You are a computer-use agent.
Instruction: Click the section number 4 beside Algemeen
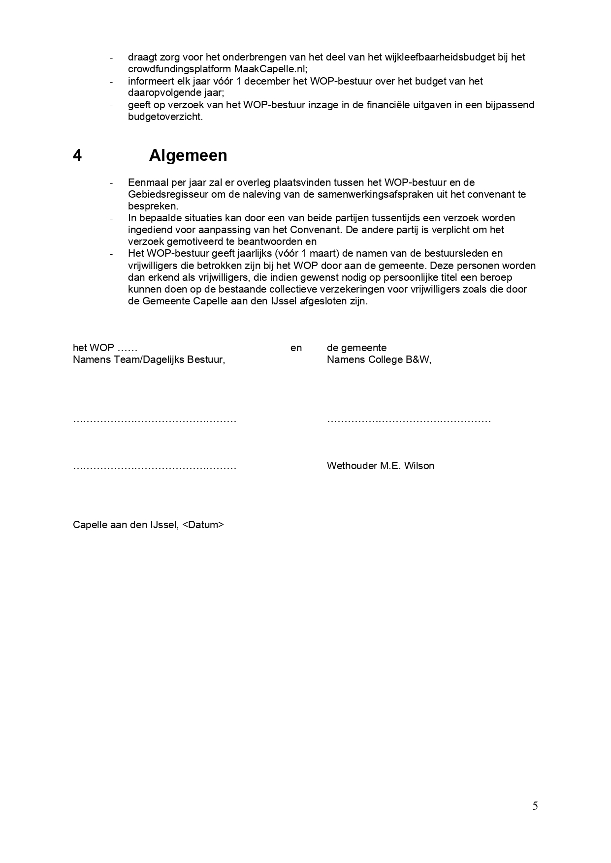(x=77, y=155)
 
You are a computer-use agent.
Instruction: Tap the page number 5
(x=535, y=805)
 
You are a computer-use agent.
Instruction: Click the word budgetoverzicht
(x=165, y=117)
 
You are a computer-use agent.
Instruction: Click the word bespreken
(x=153, y=206)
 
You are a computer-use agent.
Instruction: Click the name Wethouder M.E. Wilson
(x=380, y=466)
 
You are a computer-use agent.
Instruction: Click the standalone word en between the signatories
(x=296, y=348)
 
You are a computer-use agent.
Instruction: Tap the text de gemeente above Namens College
(x=356, y=348)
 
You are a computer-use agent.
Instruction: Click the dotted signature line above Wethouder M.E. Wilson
(x=409, y=420)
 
